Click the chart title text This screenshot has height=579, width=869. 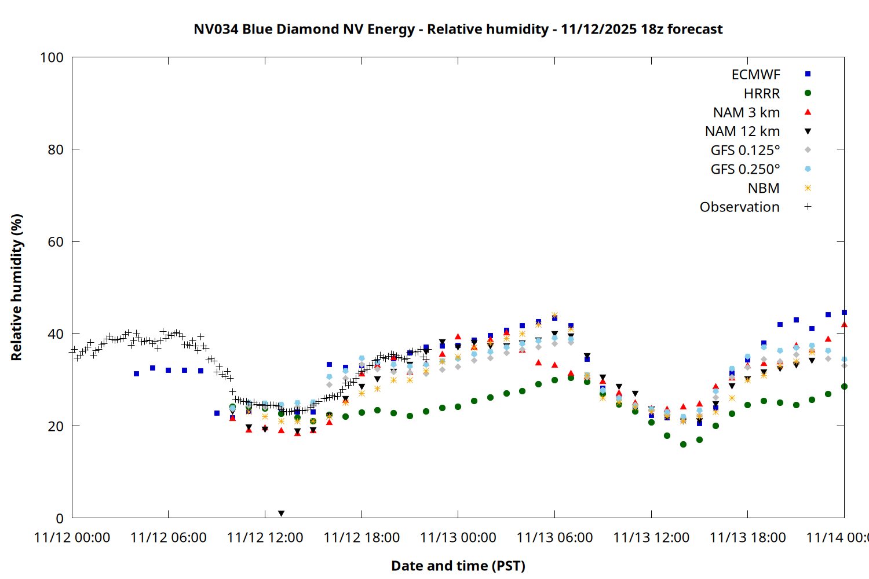pyautogui.click(x=458, y=29)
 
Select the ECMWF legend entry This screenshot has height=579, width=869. pyautogui.click(x=756, y=75)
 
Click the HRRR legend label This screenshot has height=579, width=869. pyautogui.click(x=762, y=94)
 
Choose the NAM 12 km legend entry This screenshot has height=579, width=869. pyautogui.click(x=742, y=131)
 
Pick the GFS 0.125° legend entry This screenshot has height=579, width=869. pyautogui.click(x=745, y=151)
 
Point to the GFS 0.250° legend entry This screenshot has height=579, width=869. pyautogui.click(x=745, y=169)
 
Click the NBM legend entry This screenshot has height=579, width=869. pyautogui.click(x=764, y=188)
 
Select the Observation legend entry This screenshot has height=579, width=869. pyautogui.click(x=739, y=207)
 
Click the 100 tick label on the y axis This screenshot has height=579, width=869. pyautogui.click(x=52, y=57)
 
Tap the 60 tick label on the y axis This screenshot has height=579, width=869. pyautogui.click(x=56, y=242)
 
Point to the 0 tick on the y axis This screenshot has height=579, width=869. pyautogui.click(x=60, y=518)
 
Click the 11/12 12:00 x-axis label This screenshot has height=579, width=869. pyautogui.click(x=265, y=538)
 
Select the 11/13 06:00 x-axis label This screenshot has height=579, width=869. pyautogui.click(x=554, y=538)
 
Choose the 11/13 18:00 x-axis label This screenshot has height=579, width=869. pyautogui.click(x=747, y=538)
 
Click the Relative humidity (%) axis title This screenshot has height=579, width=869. pyautogui.click(x=16, y=287)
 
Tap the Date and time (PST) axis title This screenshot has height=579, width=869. pyautogui.click(x=458, y=566)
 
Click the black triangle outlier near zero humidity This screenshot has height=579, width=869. pyautogui.click(x=281, y=514)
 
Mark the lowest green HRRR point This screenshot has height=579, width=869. pyautogui.click(x=683, y=445)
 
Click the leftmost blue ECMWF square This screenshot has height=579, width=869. pyautogui.click(x=136, y=374)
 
